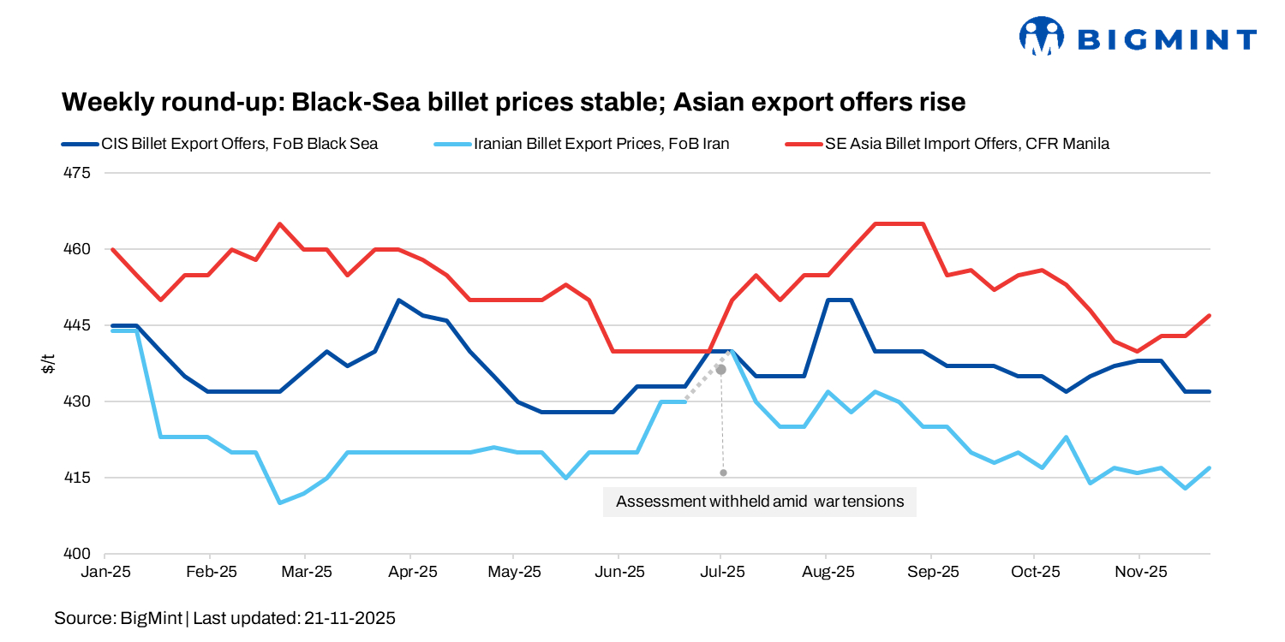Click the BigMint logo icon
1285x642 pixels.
tap(1041, 37)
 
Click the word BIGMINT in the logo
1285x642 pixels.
tap(1166, 39)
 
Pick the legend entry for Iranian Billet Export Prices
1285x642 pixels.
tap(601, 144)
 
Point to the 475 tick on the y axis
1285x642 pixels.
tap(77, 173)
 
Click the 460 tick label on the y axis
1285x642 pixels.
tap(77, 249)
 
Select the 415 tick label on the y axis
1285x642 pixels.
tap(77, 478)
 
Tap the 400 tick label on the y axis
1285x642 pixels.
tap(77, 554)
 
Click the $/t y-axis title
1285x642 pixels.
tap(49, 363)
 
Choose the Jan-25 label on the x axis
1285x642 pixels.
tap(105, 571)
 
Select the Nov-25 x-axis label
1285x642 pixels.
tap(1140, 571)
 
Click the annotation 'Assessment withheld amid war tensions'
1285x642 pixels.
tap(760, 502)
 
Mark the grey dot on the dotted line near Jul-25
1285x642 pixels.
tap(720, 370)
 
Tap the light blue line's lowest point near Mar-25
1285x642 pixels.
tap(280, 502)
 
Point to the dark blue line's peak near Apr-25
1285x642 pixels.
tap(398, 300)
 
